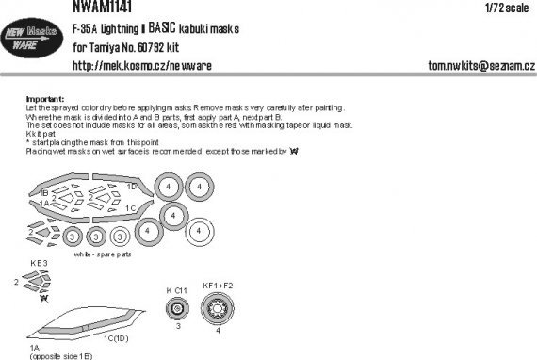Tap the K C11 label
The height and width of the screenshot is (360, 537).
pyautogui.click(x=177, y=290)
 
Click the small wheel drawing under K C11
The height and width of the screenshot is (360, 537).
pyautogui.click(x=176, y=309)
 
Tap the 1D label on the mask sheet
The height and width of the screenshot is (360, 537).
pyautogui.click(x=131, y=187)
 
